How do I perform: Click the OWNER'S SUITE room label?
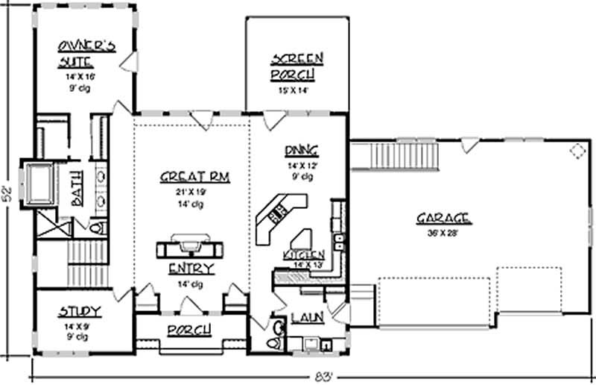(87, 54)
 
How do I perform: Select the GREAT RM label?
(194, 177)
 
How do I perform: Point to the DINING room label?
(302, 148)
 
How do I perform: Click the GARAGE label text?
(443, 218)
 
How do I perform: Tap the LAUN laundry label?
(307, 318)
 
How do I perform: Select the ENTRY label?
(191, 269)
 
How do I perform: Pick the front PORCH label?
(188, 329)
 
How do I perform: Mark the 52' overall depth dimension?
(10, 192)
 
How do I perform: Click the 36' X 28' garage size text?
(443, 231)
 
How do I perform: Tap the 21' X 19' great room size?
(194, 191)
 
